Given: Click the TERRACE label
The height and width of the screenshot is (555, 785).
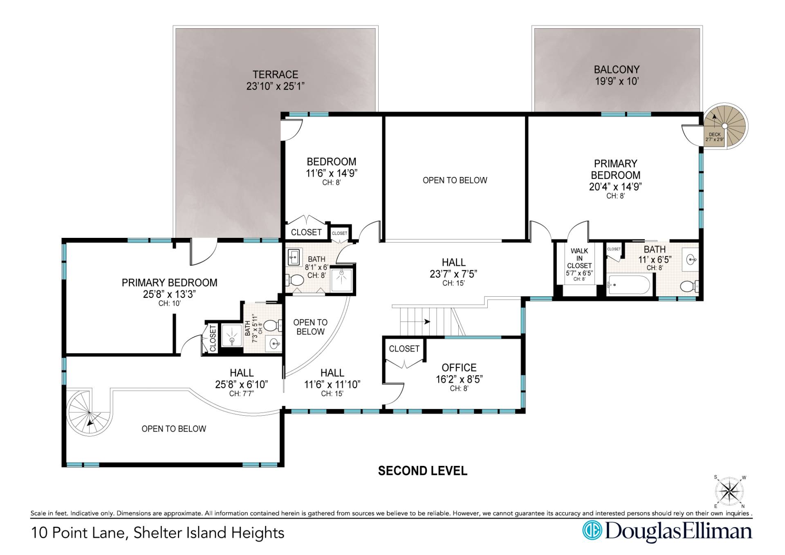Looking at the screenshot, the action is coord(275,74).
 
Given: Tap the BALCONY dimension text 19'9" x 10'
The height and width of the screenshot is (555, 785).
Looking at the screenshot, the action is coord(617,81).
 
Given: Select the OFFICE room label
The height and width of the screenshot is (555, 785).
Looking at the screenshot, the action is coord(459,367).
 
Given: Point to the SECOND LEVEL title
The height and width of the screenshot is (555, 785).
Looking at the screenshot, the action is coord(422,471).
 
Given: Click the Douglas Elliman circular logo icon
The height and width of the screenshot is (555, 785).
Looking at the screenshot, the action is coord(592,531).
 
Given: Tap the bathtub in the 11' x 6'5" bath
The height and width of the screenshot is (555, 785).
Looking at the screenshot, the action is coord(629,285).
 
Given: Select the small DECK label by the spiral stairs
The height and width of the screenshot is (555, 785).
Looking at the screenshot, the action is coord(715,134).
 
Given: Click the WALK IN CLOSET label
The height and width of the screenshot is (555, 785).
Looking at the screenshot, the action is coord(579,258).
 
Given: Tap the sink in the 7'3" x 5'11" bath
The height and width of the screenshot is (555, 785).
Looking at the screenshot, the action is coord(274,343).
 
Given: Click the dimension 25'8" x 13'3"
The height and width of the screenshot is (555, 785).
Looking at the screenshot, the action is coord(169,294).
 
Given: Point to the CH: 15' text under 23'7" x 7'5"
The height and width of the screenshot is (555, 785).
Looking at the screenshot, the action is coord(453,283).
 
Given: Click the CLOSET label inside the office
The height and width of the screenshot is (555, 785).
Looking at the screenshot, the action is coord(404,349).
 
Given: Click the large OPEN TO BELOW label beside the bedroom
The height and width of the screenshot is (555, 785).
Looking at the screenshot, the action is coord(455,180).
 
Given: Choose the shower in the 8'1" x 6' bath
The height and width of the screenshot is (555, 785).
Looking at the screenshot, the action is coord(341,280).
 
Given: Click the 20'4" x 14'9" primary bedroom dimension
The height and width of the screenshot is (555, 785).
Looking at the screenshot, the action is coord(615,186).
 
